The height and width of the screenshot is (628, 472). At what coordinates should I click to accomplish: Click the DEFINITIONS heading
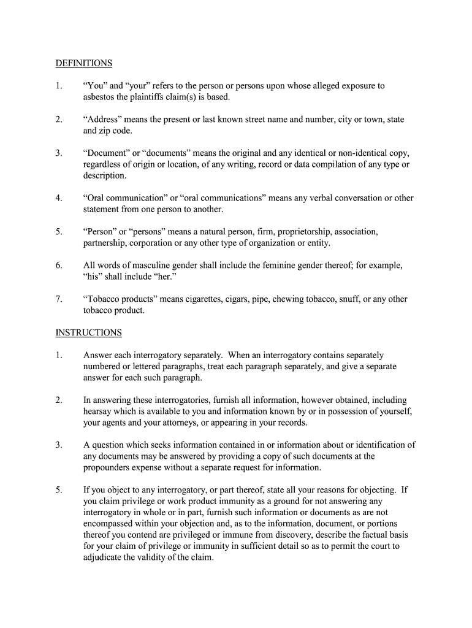point(84,63)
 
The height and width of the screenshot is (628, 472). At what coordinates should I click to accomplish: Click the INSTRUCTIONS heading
point(88,332)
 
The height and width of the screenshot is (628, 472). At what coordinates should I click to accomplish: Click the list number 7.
point(59,299)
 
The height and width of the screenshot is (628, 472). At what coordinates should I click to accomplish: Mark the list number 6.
point(59,266)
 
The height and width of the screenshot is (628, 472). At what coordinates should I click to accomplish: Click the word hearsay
point(99,411)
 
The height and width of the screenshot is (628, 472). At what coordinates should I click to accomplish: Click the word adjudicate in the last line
point(103,557)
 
